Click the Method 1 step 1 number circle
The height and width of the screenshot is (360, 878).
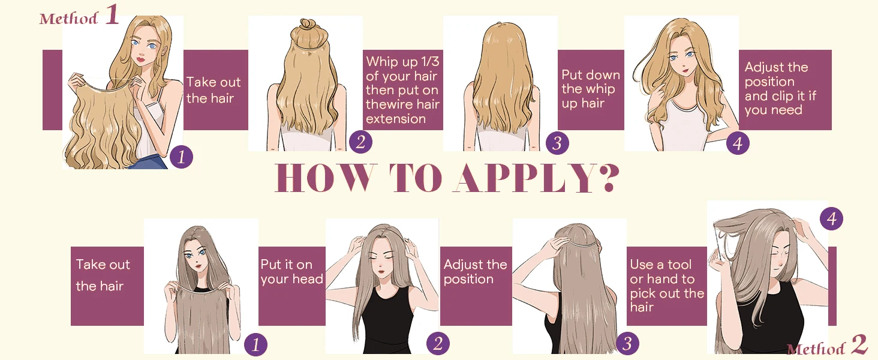click(181, 157)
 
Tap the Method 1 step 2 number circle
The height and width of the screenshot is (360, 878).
click(360, 142)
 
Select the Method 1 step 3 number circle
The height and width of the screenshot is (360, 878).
click(557, 142)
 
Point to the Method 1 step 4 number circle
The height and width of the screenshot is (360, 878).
click(738, 143)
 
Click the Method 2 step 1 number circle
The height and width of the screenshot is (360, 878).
click(255, 345)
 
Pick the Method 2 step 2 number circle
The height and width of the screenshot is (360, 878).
click(438, 344)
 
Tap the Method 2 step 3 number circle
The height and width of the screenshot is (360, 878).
click(627, 343)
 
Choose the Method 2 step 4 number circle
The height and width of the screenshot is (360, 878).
click(831, 218)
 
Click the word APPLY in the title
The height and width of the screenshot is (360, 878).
click(524, 178)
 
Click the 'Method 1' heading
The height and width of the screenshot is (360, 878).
click(79, 16)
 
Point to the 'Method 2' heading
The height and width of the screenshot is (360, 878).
click(827, 346)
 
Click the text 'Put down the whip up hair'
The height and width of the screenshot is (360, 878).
click(591, 89)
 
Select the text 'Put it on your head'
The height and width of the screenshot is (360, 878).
click(291, 271)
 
